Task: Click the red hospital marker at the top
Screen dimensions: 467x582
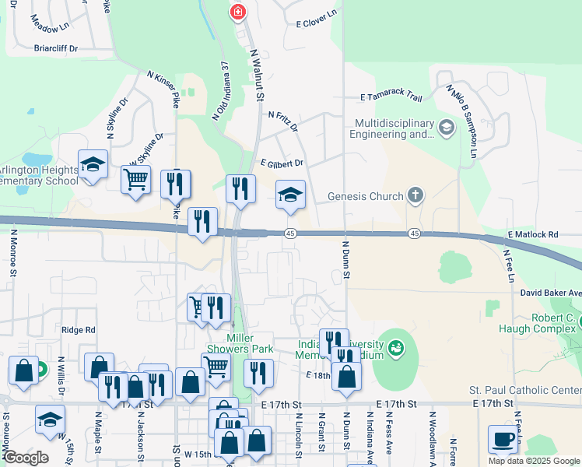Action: (238, 12)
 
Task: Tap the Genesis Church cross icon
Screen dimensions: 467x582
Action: (415, 196)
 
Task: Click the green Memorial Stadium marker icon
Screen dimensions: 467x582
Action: (396, 347)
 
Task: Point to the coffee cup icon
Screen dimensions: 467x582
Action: (503, 439)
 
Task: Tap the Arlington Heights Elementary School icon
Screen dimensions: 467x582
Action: (93, 165)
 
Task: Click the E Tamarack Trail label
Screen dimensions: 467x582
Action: (391, 98)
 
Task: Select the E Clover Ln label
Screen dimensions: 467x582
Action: (316, 13)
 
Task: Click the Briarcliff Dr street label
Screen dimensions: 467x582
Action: (57, 48)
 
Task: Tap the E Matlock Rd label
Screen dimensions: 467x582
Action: (533, 234)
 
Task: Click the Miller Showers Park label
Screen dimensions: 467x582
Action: (251, 343)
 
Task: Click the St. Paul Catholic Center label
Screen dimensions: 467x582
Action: (536, 390)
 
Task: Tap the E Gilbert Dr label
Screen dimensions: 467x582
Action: (282, 163)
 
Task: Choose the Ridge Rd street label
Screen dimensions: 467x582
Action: (79, 330)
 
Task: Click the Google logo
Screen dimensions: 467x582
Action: (26, 458)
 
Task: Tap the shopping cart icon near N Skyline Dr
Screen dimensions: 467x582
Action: (135, 180)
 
